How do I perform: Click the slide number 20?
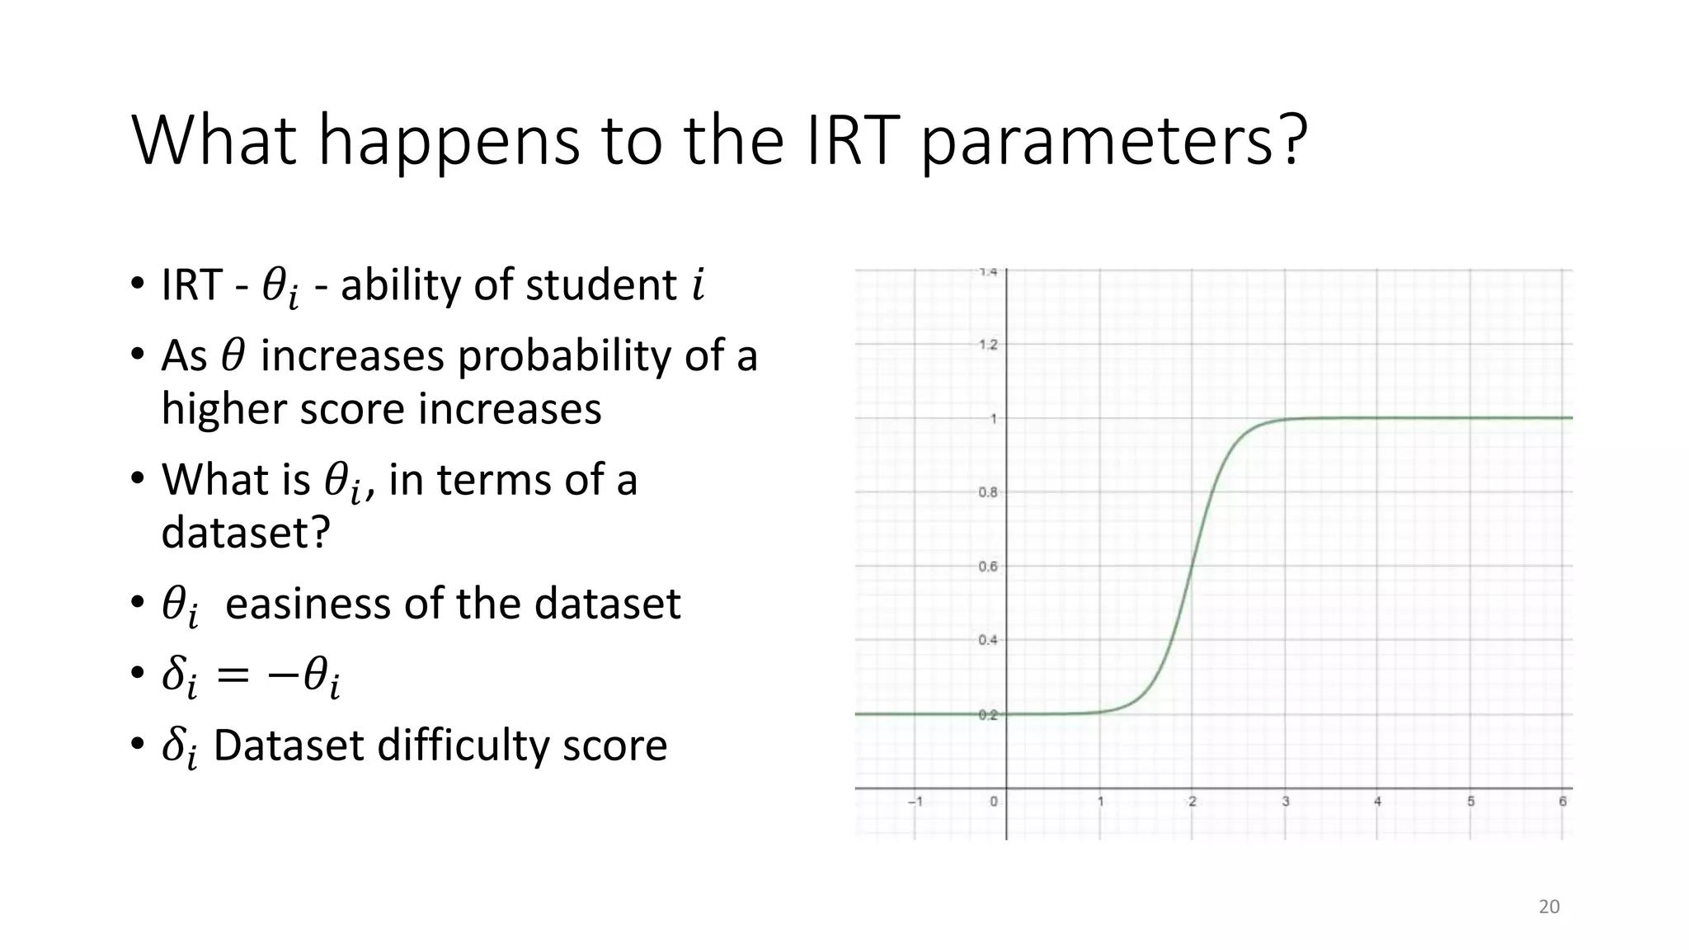tap(1549, 906)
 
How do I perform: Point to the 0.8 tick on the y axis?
tap(987, 492)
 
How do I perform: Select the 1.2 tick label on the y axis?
tap(987, 345)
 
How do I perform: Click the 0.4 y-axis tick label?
tap(987, 640)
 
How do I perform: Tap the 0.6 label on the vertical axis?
tap(987, 567)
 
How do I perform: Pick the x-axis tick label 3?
tap(1285, 802)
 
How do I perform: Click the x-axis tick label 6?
tap(1562, 802)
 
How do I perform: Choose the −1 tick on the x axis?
tap(915, 802)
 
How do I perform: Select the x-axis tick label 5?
tap(1470, 802)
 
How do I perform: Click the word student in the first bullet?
tap(600, 285)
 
